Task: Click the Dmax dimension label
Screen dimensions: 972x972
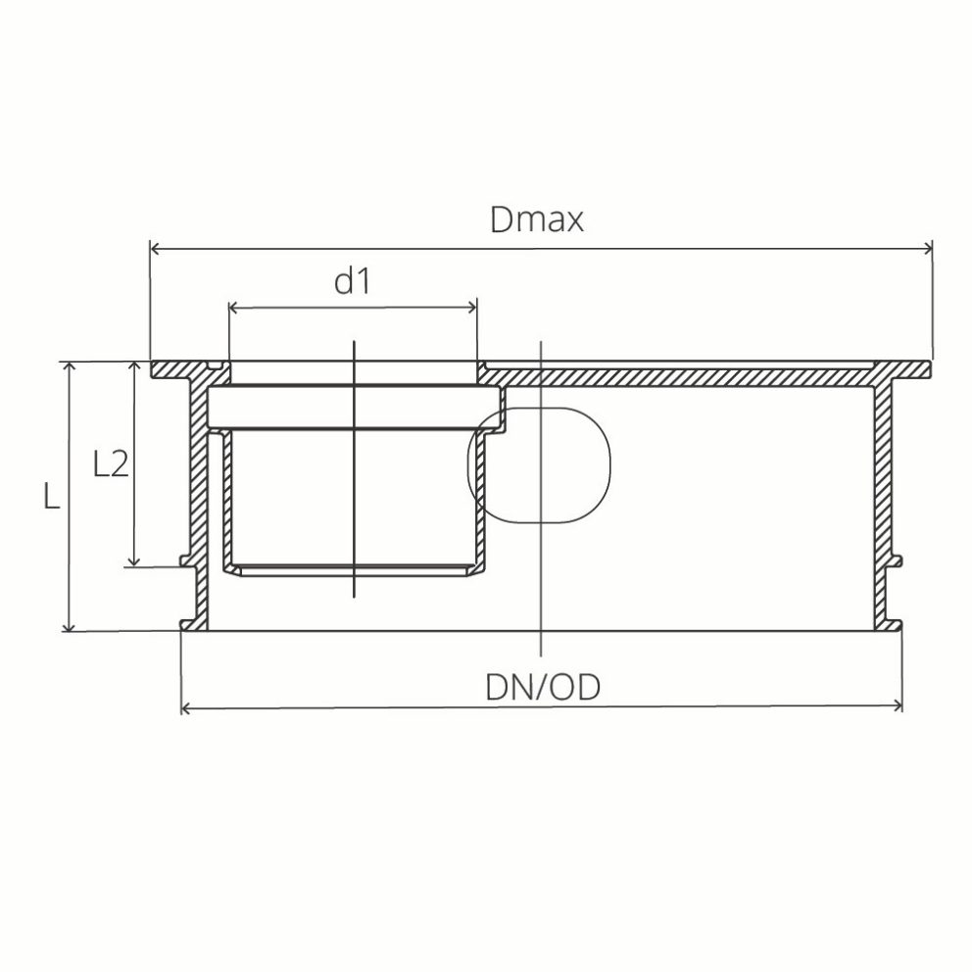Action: tap(537, 219)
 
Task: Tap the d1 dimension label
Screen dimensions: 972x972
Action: tap(352, 281)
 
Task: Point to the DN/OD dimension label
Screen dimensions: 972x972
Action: tap(542, 687)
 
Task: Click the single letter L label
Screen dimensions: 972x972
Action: tap(52, 498)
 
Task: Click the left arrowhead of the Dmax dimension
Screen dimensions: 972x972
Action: tap(155, 249)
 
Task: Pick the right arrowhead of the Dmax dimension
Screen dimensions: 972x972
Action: tap(926, 249)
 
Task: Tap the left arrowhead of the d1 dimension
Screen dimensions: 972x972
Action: tap(234, 309)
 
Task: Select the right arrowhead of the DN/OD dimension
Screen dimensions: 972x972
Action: tap(896, 706)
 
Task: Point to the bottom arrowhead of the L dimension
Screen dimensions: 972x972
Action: tap(69, 625)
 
